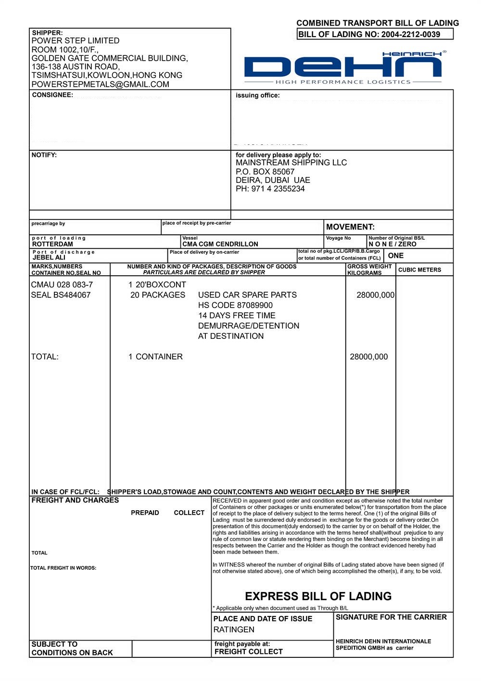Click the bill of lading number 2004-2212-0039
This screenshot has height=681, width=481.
pos(410,34)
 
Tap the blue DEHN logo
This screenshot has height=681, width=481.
pos(342,67)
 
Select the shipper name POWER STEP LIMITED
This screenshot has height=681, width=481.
pos(76,41)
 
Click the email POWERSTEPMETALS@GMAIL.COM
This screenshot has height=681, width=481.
pos(100,84)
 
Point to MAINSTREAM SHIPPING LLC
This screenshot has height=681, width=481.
pos(291,163)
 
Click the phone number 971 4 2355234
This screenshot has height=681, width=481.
pos(278,189)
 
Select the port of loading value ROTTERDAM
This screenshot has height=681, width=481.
pos(52,244)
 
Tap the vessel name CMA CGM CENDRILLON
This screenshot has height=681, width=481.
pos(220,244)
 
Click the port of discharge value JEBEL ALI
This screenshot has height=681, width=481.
pos(49,257)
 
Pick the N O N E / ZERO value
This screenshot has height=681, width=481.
pos(392,244)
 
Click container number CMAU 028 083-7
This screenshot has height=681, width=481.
pos(62,284)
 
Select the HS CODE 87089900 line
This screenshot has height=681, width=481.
pos(235,305)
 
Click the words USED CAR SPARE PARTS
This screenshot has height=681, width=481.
pos(247,295)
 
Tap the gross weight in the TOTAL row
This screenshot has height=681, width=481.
pos(368,357)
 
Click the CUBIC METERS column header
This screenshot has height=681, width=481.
pos(419,270)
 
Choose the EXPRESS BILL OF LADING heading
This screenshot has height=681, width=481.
pos(318,596)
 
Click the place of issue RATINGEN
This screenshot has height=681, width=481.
pos(234,630)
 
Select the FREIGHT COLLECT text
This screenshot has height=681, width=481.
pos(248,652)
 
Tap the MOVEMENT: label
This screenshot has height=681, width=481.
pos(350,227)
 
